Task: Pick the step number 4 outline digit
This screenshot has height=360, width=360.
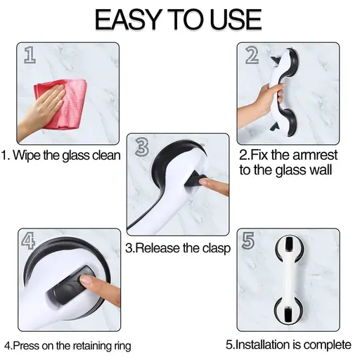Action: [29, 241]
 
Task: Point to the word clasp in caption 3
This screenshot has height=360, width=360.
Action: [214, 248]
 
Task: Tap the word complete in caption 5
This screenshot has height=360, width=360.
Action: [325, 345]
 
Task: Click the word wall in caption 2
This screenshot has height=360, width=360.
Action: [318, 170]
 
